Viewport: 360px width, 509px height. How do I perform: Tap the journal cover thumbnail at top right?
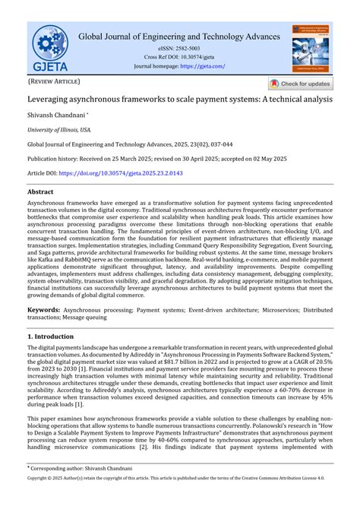[x=311, y=47]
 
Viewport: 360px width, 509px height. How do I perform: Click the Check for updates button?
[x=301, y=84]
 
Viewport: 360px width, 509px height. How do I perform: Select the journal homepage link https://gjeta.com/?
[x=202, y=66]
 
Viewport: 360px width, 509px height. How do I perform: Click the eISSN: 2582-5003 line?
[x=179, y=48]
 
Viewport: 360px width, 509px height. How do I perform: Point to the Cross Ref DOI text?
[x=179, y=57]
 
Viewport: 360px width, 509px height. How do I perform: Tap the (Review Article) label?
[x=54, y=81]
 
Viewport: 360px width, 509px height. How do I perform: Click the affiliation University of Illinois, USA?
[x=58, y=129]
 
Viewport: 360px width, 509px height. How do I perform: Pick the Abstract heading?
[x=40, y=193]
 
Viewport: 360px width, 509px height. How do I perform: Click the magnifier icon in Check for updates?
[x=275, y=84]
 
